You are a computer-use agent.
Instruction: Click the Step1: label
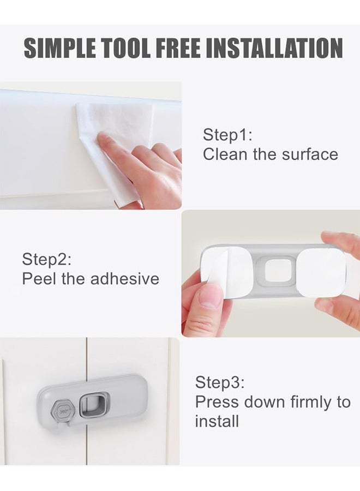coord(227,135)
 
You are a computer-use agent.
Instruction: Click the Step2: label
coord(46,259)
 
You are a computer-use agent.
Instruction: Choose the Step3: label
coord(220,382)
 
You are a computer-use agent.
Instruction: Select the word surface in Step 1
coord(310,154)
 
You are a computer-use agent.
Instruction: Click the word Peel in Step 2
coord(37,279)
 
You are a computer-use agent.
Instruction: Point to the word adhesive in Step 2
coord(124,279)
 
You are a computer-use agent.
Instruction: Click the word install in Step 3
coord(217,421)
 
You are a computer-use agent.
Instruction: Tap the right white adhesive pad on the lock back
coord(322,273)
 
